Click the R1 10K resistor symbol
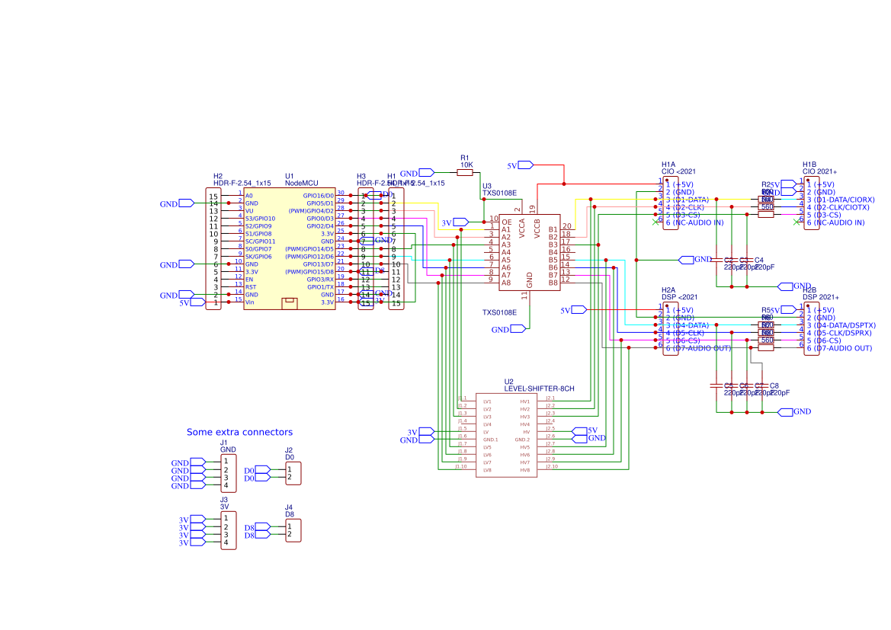click(x=465, y=173)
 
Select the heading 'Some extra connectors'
click(x=239, y=432)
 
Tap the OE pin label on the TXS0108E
click(x=506, y=222)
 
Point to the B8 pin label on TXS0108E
click(x=553, y=283)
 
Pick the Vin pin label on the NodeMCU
click(x=249, y=302)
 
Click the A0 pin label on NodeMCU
click(x=248, y=196)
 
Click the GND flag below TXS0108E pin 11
click(x=518, y=329)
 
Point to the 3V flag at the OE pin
click(x=460, y=222)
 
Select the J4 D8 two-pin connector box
click(x=293, y=531)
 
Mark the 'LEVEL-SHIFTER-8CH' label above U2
click(x=539, y=389)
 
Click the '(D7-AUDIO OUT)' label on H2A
click(x=697, y=348)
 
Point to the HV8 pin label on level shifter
click(x=524, y=470)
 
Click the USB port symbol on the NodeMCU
click(x=289, y=303)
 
